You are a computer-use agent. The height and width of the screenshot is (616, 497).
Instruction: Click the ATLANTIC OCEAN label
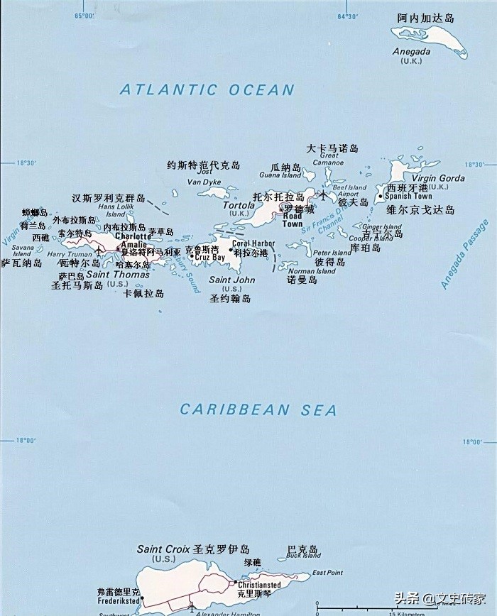(x=207, y=89)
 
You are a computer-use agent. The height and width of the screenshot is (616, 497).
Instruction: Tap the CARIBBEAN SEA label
(x=258, y=409)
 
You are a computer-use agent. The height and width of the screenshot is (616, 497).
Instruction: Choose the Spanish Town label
(x=408, y=197)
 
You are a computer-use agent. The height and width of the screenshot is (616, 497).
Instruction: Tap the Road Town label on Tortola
(x=293, y=220)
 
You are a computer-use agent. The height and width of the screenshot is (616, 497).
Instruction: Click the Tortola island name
(x=239, y=205)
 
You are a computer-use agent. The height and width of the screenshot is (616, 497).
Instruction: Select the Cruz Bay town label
(x=209, y=257)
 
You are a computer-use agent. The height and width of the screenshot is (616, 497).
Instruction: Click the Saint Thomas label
(x=118, y=275)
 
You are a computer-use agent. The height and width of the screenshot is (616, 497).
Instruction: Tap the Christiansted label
(x=260, y=585)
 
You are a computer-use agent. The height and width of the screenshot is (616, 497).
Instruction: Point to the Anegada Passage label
(x=465, y=254)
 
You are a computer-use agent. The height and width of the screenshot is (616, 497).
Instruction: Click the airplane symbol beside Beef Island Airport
(x=324, y=194)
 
